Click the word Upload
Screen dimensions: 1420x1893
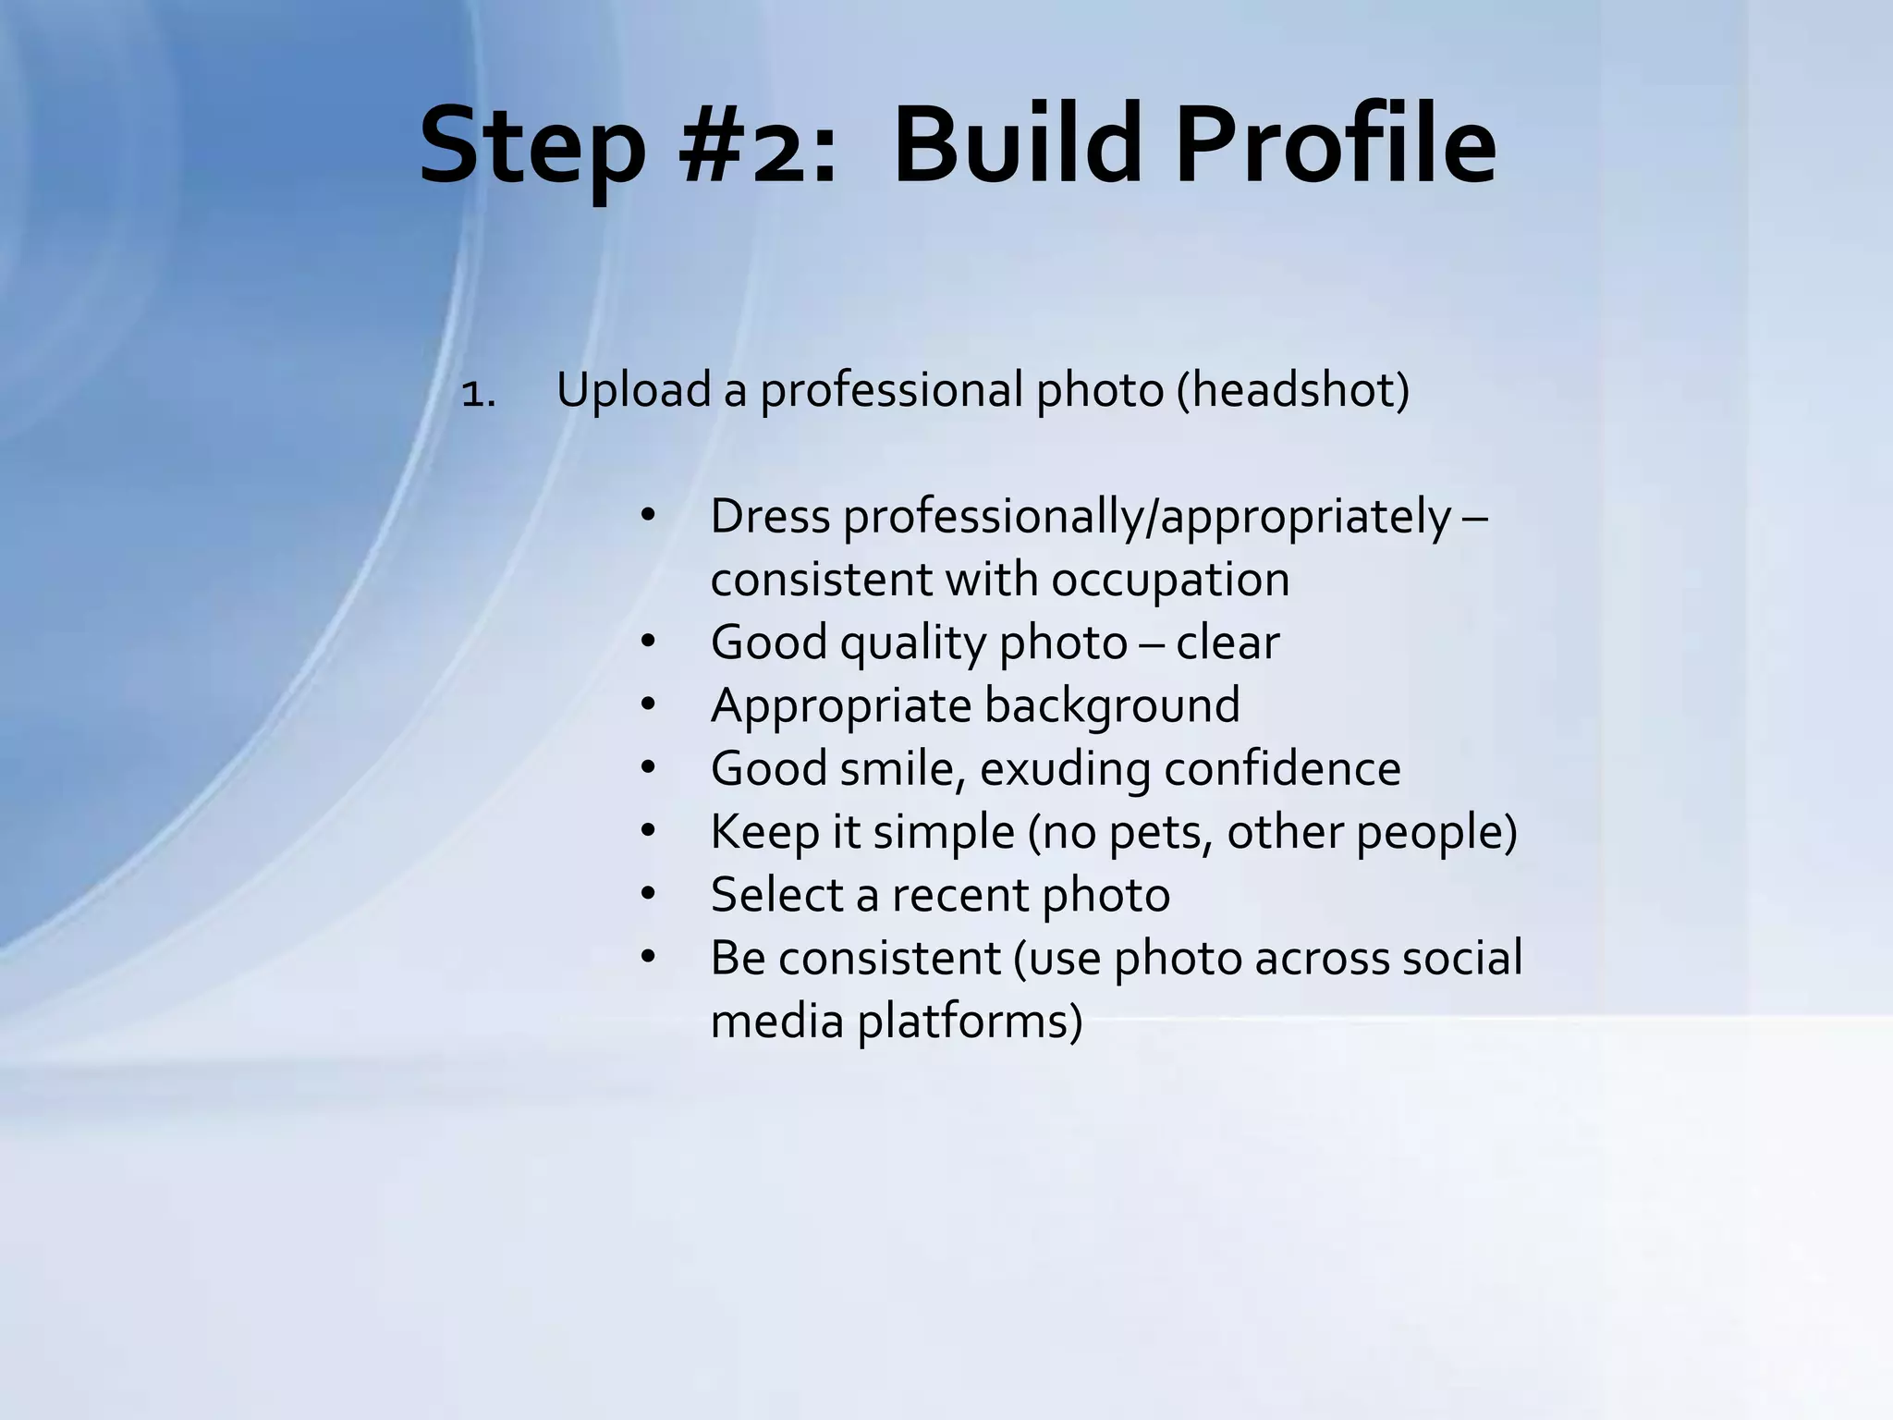click(633, 389)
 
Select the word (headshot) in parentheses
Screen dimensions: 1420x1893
click(1293, 389)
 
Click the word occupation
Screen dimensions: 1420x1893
click(1170, 580)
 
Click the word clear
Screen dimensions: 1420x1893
click(1227, 643)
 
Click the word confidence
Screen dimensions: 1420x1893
click(1282, 769)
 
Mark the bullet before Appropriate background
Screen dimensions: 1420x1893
click(647, 705)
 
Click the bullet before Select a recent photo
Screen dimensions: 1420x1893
click(647, 894)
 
